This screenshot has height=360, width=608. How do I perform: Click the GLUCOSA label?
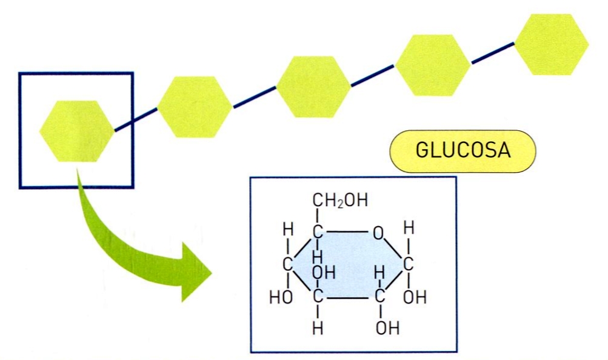point(463,151)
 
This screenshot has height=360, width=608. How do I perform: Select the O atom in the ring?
point(378,232)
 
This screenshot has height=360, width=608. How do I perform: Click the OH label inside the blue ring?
point(324,273)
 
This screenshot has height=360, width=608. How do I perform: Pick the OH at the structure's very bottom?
point(387,329)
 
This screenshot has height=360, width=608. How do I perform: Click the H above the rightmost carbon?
point(409,229)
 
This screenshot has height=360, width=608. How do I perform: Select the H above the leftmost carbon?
point(289,230)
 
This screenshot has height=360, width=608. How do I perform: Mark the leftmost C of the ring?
point(289,265)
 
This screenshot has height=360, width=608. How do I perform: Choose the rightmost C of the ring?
point(409,265)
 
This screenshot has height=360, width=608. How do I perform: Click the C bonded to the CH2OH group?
point(318,232)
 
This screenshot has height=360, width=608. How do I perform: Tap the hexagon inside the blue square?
point(76,131)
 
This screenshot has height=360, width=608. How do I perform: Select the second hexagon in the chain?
point(195,107)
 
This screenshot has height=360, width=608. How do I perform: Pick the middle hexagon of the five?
point(313,87)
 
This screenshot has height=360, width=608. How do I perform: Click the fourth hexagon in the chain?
point(433,65)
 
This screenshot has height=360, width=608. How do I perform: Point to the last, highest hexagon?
point(551,44)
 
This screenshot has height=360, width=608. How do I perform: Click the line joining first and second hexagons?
point(136,119)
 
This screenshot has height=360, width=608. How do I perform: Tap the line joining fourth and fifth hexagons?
point(492,55)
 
